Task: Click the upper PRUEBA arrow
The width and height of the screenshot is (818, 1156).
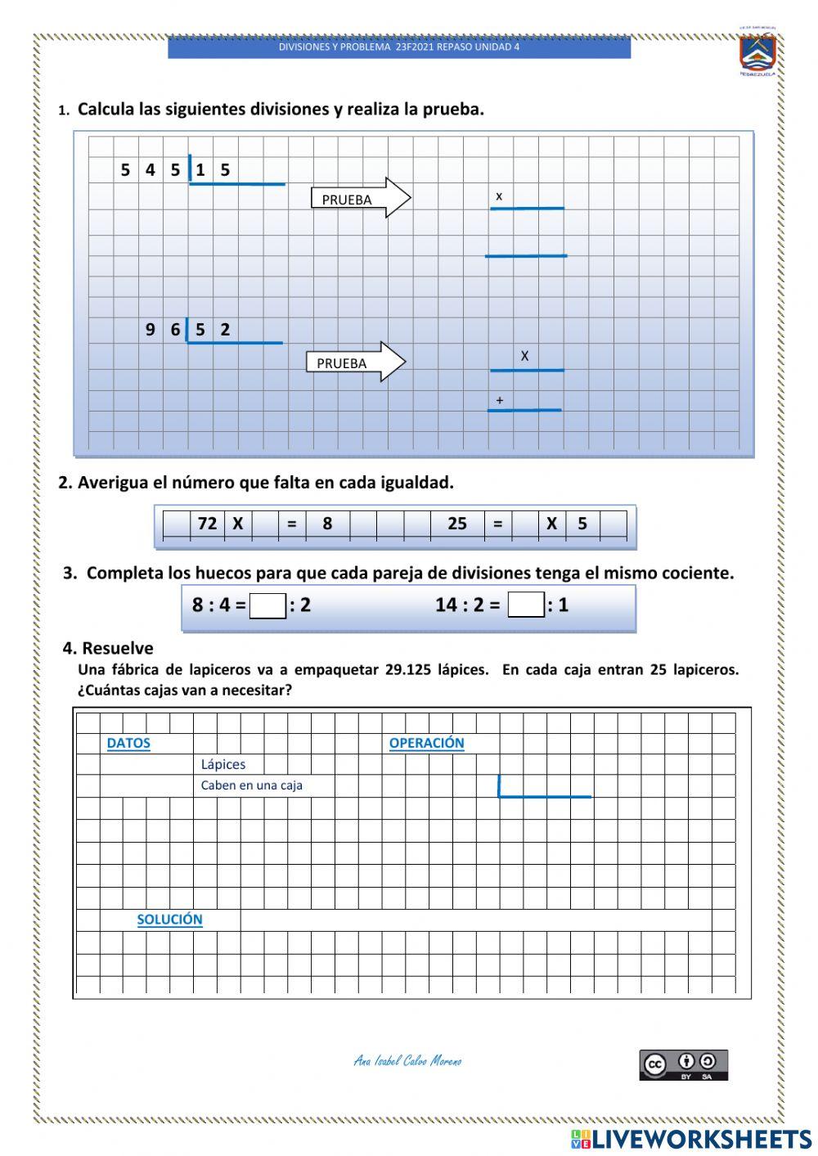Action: (360, 199)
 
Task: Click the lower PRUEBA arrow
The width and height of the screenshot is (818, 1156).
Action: (355, 362)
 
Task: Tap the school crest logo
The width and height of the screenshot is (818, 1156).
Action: (757, 53)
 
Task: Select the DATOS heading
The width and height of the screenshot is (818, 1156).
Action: (128, 744)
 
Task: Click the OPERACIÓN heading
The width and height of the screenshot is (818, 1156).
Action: (426, 743)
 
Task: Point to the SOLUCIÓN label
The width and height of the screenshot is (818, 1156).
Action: (169, 920)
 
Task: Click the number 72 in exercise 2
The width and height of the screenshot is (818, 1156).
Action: (207, 524)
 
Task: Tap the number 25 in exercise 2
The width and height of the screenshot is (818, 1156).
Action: (456, 524)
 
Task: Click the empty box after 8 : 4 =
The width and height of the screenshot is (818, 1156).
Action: (267, 606)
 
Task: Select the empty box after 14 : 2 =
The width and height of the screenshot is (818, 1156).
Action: (526, 605)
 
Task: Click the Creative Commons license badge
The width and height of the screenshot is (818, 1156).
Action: (683, 1065)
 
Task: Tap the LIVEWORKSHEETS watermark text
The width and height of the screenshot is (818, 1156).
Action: (701, 1139)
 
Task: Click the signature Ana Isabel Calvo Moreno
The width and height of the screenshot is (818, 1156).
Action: (407, 1061)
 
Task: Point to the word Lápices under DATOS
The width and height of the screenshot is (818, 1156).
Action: (223, 765)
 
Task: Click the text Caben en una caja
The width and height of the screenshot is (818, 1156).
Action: (252, 785)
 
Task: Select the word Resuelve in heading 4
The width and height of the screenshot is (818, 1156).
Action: (118, 649)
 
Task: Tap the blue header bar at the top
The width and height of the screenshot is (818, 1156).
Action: (399, 47)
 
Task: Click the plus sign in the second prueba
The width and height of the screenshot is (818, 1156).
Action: (500, 401)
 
